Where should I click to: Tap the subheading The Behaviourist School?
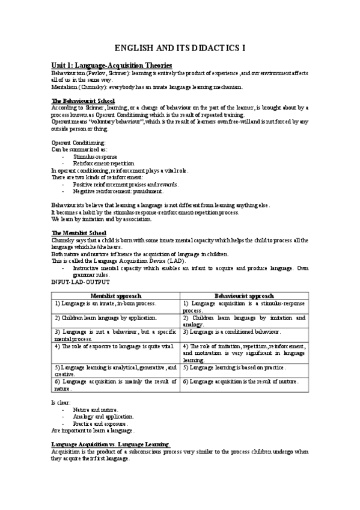pyautogui.click(x=83, y=100)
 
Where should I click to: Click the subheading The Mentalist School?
pyautogui.click(x=79, y=233)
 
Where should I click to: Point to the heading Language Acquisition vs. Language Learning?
pyautogui.click(x=111, y=444)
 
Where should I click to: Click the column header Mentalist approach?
pyautogui.click(x=116, y=296)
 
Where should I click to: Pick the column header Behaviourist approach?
pyautogui.click(x=245, y=296)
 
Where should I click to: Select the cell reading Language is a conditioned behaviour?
pyautogui.click(x=232, y=332)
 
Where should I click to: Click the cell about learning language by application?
pyautogui.click(x=106, y=318)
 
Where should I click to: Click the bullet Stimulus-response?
pyautogui.click(x=95, y=156)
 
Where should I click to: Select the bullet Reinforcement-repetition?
pyautogui.click(x=103, y=163)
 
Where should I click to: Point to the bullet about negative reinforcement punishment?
pyautogui.click(x=118, y=191)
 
